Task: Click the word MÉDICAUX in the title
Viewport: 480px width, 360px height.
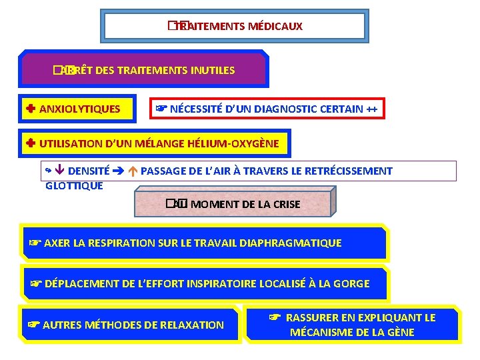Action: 275,27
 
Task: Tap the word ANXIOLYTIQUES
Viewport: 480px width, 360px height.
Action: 80,109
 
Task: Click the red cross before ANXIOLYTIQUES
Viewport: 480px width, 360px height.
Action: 31,109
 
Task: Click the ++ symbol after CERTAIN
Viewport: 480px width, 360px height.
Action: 375,109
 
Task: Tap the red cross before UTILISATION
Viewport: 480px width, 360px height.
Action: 31,143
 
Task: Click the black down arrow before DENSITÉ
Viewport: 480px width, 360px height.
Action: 60,171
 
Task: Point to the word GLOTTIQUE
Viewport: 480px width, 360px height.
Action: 74,186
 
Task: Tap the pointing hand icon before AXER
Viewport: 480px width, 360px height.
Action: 34,243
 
